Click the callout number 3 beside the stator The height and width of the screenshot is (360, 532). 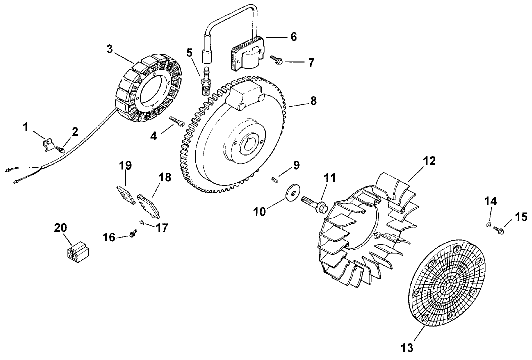[110, 49]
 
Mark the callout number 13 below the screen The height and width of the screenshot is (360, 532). [407, 345]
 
